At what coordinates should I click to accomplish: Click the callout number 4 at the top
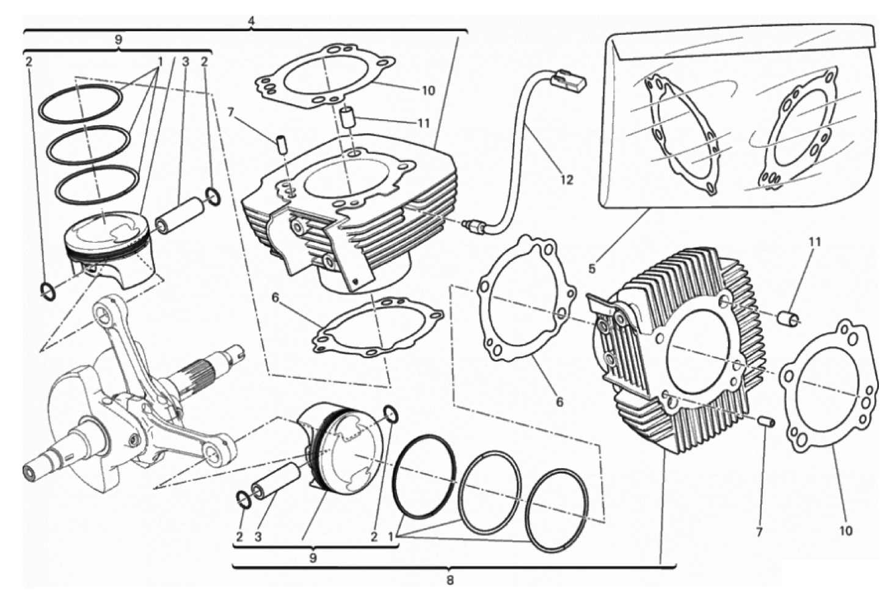(x=251, y=20)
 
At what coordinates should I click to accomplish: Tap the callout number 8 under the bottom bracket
(x=450, y=580)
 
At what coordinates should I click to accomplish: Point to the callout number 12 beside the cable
(x=567, y=180)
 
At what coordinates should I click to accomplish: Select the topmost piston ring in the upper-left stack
(x=80, y=102)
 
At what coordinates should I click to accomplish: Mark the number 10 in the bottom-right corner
(x=845, y=530)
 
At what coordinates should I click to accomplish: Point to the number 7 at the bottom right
(x=759, y=532)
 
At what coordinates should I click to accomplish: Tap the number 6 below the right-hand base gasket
(x=559, y=402)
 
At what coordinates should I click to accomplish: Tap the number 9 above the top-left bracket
(x=118, y=39)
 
